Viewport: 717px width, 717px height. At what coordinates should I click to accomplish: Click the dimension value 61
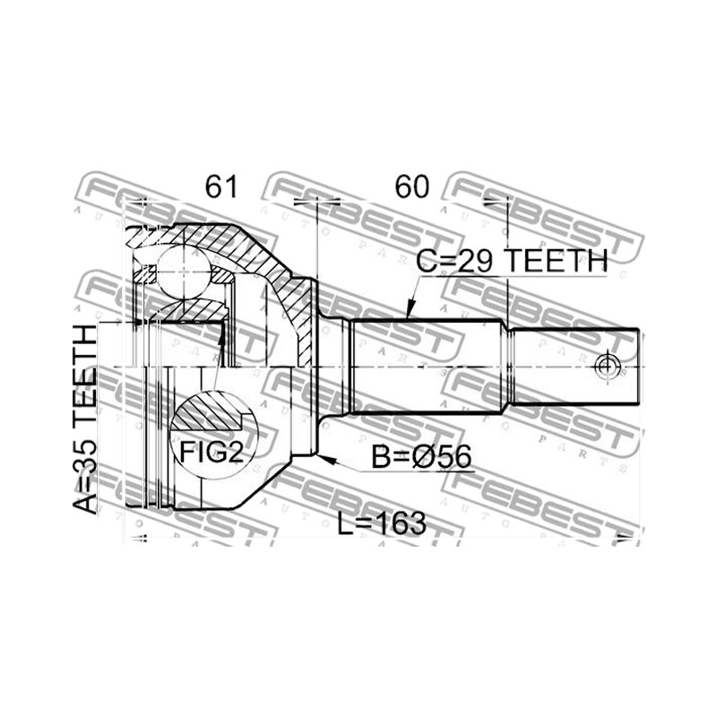pos(221,187)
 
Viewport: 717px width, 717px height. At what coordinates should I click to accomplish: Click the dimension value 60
pos(412,187)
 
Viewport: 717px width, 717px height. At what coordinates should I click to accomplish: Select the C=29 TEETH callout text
pos(512,261)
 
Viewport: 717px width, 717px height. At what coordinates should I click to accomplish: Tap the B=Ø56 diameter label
pos(421,457)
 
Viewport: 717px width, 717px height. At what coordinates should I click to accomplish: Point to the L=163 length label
pos(382,523)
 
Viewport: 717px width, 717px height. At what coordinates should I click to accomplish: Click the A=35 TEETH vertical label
pos(85,419)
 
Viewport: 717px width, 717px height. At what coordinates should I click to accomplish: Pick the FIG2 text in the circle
pos(212,452)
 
